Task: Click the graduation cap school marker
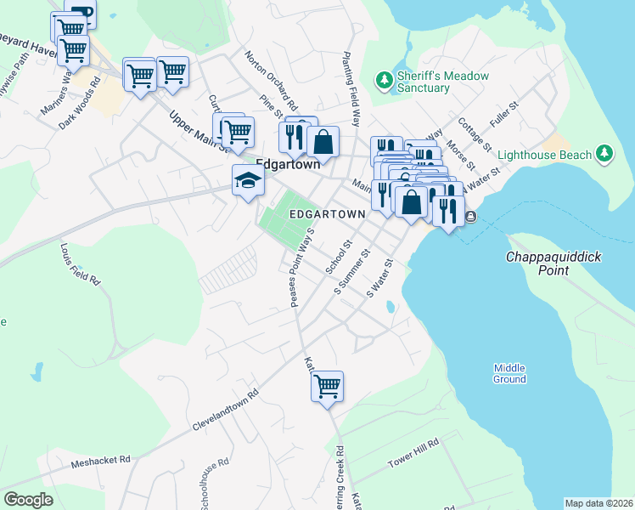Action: tap(248, 181)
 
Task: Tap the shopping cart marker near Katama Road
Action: tap(328, 387)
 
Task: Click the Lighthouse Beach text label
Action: tap(544, 155)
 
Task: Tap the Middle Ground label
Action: tap(509, 373)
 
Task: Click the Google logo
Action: tap(29, 500)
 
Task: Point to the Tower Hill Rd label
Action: tap(413, 453)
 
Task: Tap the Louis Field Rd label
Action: tap(80, 264)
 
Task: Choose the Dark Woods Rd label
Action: tap(80, 105)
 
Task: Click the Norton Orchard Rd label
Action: tap(271, 81)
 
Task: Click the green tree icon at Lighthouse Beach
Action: tap(604, 153)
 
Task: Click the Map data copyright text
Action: tap(598, 503)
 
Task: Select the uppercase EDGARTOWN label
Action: tap(327, 215)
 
